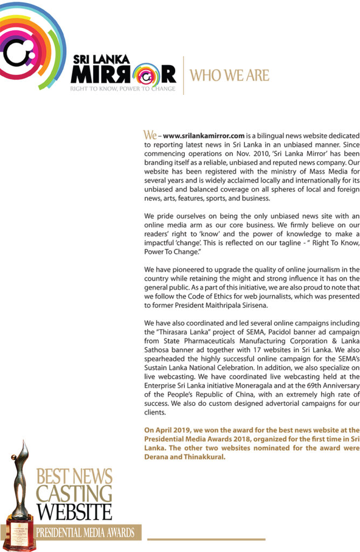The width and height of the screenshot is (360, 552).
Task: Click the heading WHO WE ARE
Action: (x=230, y=75)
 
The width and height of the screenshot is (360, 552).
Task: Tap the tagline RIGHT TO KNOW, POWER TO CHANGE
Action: (x=123, y=88)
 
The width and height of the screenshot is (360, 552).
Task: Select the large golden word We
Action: (x=150, y=134)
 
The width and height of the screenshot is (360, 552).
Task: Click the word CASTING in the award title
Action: (x=74, y=493)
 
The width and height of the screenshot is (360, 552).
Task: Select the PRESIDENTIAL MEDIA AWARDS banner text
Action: (x=85, y=533)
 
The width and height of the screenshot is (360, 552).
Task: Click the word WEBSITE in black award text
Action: (x=74, y=511)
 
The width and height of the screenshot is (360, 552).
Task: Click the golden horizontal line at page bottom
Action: (x=206, y=539)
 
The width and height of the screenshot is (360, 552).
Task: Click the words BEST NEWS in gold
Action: (x=74, y=477)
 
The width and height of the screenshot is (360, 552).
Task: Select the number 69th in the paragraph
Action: (x=310, y=401)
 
